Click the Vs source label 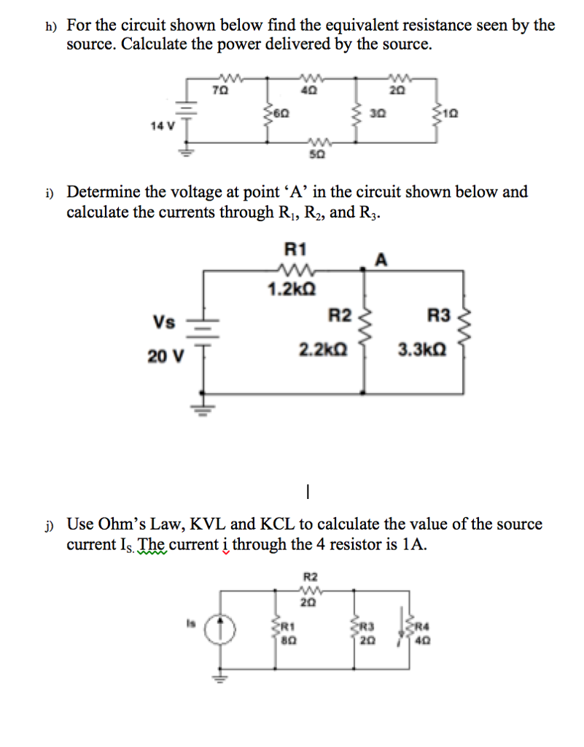163,322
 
